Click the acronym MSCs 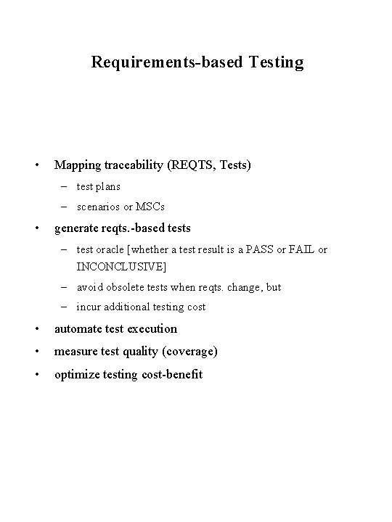coord(150,207)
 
